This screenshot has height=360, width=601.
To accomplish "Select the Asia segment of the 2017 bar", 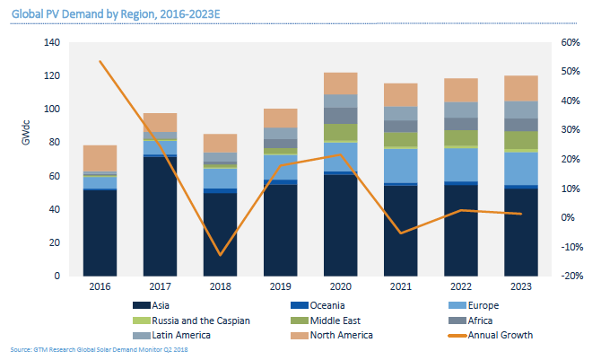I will pyautogui.click(x=159, y=215).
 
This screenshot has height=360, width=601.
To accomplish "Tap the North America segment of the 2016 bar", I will pyautogui.click(x=100, y=158).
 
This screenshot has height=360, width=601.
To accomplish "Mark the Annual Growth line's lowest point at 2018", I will pyautogui.click(x=219, y=255).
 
